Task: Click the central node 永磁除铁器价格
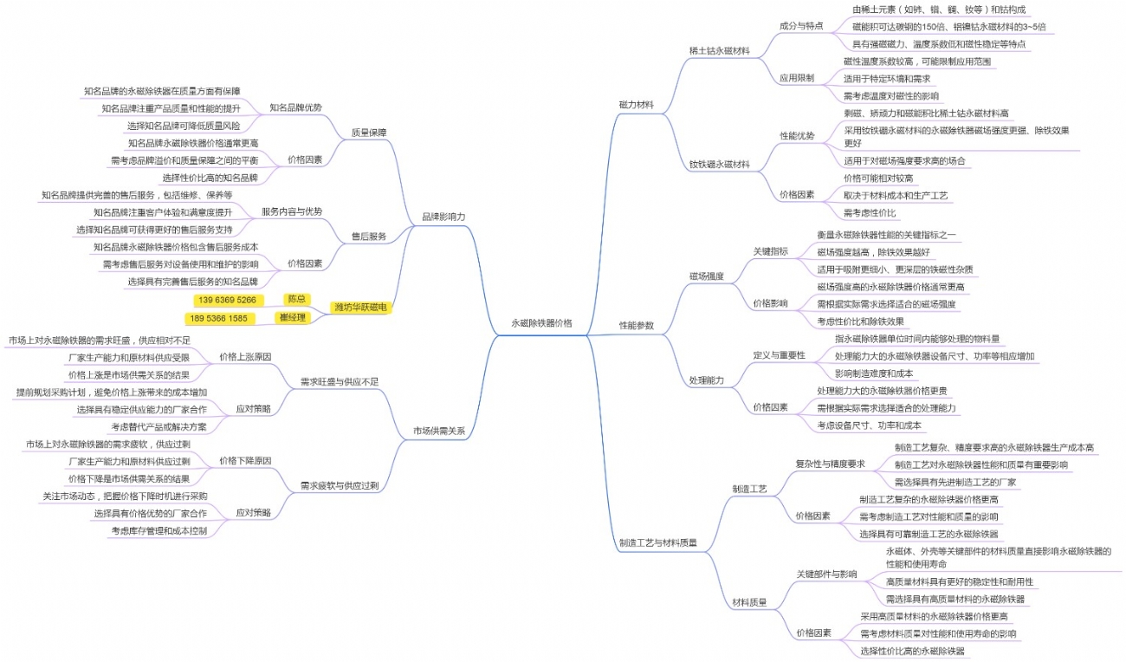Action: click(x=541, y=322)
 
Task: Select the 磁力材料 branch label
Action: click(x=636, y=104)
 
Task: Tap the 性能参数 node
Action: click(x=636, y=326)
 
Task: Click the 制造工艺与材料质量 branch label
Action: click(x=657, y=543)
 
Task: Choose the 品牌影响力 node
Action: click(x=443, y=216)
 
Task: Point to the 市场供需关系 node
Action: click(x=438, y=431)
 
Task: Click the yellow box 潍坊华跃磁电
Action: click(x=361, y=308)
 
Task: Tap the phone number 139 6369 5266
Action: click(x=227, y=300)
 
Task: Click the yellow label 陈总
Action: click(x=296, y=299)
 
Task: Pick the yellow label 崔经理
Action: click(x=293, y=318)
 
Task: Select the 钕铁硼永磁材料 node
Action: click(x=719, y=164)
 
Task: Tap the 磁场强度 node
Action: click(x=706, y=276)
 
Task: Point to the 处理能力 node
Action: click(x=706, y=380)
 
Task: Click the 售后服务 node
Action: click(x=368, y=237)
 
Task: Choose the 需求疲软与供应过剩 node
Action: click(x=339, y=485)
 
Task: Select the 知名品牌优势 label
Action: click(x=295, y=107)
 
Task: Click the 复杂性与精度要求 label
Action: click(x=830, y=464)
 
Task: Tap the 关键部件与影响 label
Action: click(x=826, y=574)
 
